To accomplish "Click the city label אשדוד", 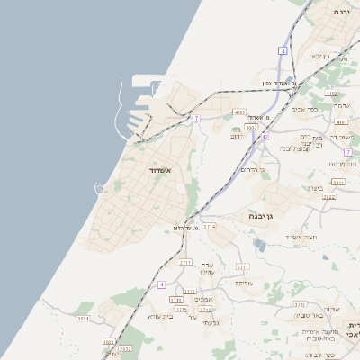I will click(159, 169).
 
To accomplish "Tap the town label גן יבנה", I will click(260, 216).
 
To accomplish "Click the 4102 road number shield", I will click(332, 93).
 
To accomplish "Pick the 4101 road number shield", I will click(341, 121).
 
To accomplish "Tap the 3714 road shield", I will click(209, 227).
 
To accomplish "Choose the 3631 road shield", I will click(83, 318).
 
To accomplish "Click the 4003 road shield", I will click(238, 112).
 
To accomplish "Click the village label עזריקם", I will click(244, 283).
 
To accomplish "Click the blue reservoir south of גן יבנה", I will click(260, 245).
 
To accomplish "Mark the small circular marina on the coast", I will click(101, 187).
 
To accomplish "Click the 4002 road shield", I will click(251, 128).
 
